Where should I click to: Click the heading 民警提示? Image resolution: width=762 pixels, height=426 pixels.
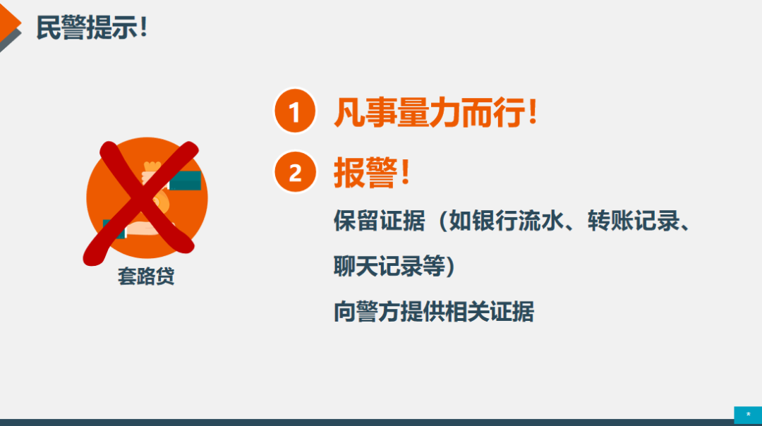tap(91, 28)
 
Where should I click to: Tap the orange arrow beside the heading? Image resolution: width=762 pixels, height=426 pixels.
tap(8, 23)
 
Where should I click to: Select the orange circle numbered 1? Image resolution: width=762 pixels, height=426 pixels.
tap(294, 111)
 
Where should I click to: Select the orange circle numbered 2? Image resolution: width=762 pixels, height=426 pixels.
tap(294, 172)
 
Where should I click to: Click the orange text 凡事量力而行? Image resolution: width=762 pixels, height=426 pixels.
tap(435, 112)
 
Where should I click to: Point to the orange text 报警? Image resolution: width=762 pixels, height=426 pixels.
tap(373, 172)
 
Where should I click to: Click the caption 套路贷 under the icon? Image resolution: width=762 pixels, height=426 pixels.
tap(146, 276)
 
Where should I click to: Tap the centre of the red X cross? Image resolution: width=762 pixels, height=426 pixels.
tap(143, 202)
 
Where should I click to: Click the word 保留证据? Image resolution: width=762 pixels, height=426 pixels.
tap(379, 221)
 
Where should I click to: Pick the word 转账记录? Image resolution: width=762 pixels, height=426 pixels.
tap(633, 221)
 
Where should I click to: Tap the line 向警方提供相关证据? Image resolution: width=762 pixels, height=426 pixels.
tap(434, 311)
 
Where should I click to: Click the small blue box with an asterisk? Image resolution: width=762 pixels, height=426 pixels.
tap(748, 415)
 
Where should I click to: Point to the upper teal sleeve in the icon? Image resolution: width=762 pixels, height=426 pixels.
tap(185, 181)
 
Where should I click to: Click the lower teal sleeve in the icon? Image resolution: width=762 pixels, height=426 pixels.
tap(114, 229)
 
